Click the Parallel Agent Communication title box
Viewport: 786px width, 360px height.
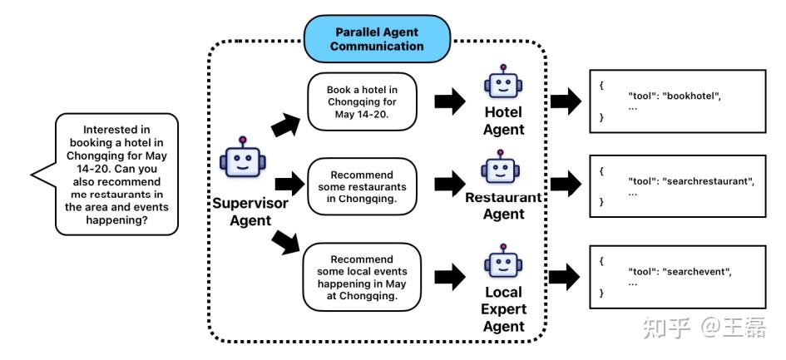click(377, 39)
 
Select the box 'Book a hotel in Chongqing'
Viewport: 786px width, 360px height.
click(360, 101)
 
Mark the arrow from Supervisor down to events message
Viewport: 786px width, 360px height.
click(284, 244)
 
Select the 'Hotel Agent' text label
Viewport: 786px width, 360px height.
click(503, 121)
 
